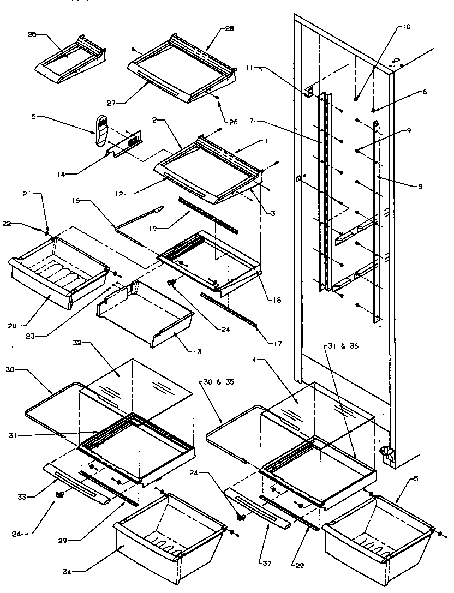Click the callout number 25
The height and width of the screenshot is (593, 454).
[x=32, y=34]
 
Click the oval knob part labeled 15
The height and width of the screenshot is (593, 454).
[x=99, y=131]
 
